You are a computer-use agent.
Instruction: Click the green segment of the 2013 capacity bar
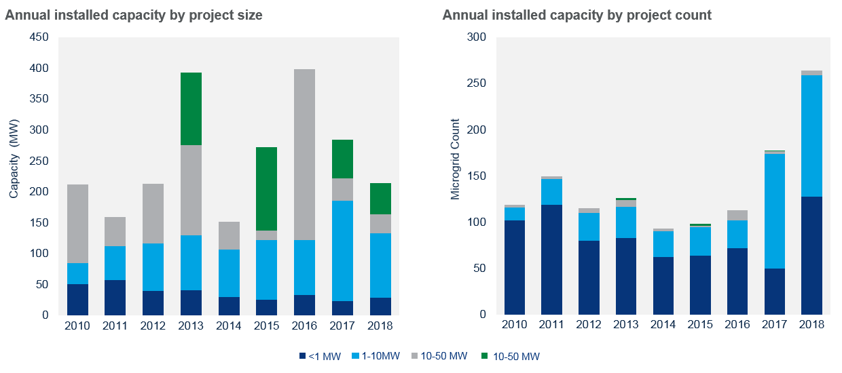pos(191,109)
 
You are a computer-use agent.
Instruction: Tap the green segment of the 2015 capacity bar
pos(266,189)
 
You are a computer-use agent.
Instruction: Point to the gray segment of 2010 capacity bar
pos(78,224)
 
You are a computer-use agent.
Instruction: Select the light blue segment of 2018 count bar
pos(811,136)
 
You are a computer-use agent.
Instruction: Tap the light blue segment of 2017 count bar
pos(774,211)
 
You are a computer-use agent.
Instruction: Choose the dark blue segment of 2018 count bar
pos(811,255)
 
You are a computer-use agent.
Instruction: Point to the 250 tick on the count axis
pos(477,83)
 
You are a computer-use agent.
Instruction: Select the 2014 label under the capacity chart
pos(228,326)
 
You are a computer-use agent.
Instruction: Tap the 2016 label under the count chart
pos(737,325)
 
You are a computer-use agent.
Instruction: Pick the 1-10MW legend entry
pos(373,356)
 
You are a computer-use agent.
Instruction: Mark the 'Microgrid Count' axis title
pos(456,160)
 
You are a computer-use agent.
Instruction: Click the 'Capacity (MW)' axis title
pos(14,160)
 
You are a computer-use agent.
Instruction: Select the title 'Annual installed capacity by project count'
pos(576,15)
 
